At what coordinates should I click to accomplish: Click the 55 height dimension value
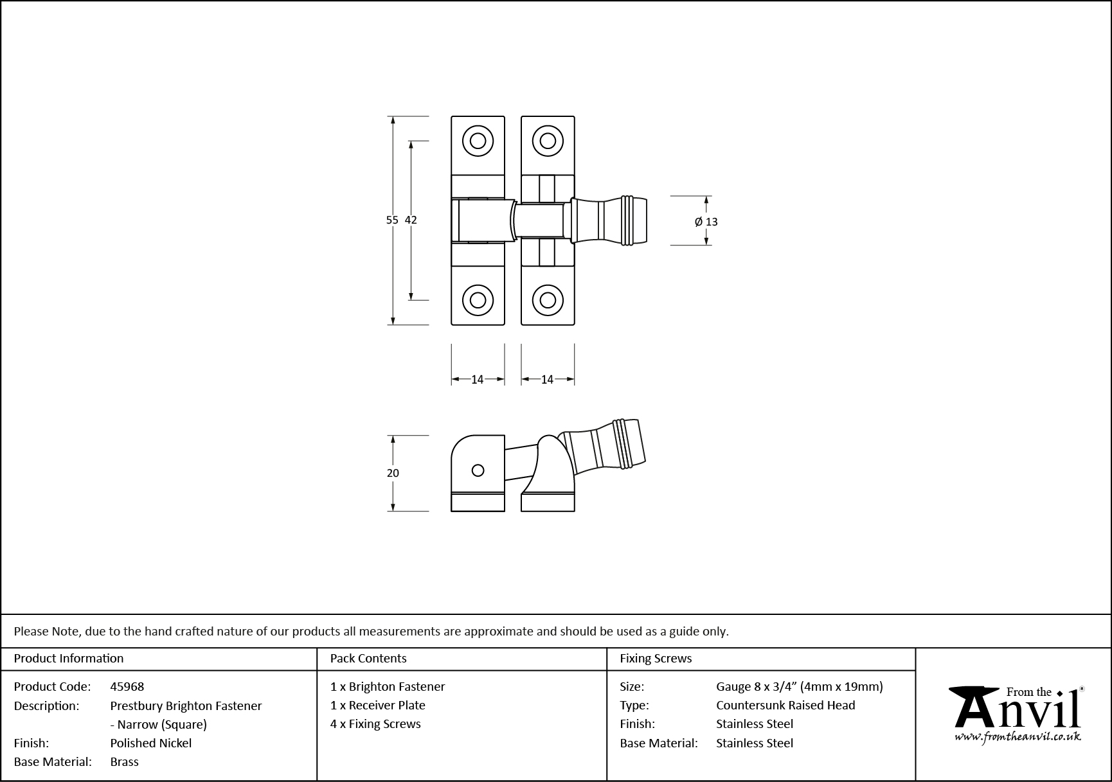click(392, 220)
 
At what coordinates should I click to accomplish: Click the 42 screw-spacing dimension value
click(411, 220)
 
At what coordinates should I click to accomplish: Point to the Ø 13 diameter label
click(706, 222)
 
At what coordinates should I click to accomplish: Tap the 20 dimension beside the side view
click(393, 473)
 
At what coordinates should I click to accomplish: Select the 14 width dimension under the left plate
click(477, 380)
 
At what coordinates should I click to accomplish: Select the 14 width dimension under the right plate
click(547, 380)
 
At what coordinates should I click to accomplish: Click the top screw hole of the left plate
click(478, 141)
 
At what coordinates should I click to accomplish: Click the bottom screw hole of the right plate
click(548, 300)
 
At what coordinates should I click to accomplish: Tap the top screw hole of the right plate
click(548, 141)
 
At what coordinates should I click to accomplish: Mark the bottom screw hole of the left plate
click(478, 300)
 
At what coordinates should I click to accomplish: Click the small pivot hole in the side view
click(478, 470)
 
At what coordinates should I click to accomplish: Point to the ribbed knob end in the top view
click(634, 220)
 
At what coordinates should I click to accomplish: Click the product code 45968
click(127, 686)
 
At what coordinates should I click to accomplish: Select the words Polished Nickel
click(151, 743)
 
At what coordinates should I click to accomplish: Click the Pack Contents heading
click(368, 658)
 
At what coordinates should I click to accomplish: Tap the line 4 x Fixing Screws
click(375, 724)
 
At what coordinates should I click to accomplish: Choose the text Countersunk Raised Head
click(785, 705)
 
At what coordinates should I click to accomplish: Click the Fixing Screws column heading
click(656, 658)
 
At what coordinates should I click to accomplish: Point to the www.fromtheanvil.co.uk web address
click(1018, 737)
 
